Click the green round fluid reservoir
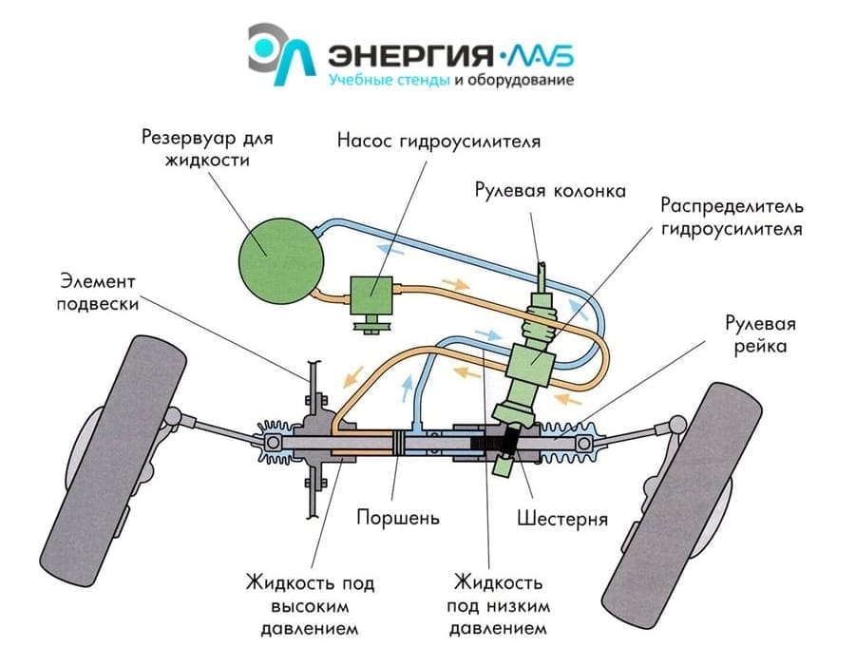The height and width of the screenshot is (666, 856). (281, 260)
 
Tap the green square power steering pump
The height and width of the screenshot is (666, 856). (371, 295)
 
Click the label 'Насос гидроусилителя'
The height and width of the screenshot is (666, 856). (439, 141)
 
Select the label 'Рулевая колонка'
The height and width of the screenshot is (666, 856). (550, 191)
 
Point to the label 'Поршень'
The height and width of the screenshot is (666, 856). (398, 517)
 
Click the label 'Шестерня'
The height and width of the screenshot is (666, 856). (562, 518)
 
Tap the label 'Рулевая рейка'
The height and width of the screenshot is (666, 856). (760, 334)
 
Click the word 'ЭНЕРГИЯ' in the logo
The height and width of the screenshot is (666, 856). (410, 55)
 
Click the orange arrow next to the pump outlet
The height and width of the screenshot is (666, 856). (456, 284)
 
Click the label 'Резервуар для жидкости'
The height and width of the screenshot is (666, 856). (207, 148)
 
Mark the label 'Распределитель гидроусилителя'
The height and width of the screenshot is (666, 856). (732, 217)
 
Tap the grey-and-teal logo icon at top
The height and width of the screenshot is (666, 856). (280, 54)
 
